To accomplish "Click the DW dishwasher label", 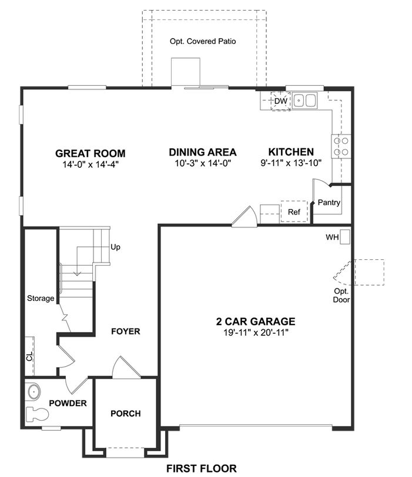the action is (x=281, y=101).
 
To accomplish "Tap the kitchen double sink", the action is (x=304, y=100).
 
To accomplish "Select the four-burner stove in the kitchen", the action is (x=341, y=146).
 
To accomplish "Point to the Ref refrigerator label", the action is (x=294, y=212).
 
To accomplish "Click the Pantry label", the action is (x=329, y=202).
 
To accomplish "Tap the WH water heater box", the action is (x=345, y=236).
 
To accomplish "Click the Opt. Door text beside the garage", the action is (x=341, y=295).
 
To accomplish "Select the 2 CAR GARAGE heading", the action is (x=256, y=322).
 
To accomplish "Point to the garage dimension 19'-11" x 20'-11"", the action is (x=256, y=333).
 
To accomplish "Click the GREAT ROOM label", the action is (x=90, y=153).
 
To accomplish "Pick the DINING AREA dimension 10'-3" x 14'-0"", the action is (x=203, y=163).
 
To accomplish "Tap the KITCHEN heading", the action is (x=291, y=152).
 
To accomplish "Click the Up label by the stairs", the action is (x=116, y=248).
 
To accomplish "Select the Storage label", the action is (x=41, y=298).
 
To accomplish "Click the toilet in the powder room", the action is (x=37, y=414).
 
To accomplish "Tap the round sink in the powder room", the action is (x=34, y=392).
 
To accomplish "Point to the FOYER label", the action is (x=126, y=331).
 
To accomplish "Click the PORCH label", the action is (x=126, y=414).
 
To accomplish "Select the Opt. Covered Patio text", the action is (x=203, y=42).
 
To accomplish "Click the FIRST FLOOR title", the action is (x=202, y=468).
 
